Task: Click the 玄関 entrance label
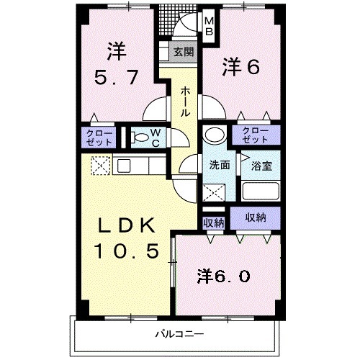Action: point(184,52)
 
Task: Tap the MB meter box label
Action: point(210,27)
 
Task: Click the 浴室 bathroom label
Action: point(260,165)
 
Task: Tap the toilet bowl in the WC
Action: point(142,138)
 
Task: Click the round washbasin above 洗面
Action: point(214,136)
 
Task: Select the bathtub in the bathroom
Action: point(261,192)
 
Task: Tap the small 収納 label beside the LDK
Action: point(213,222)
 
